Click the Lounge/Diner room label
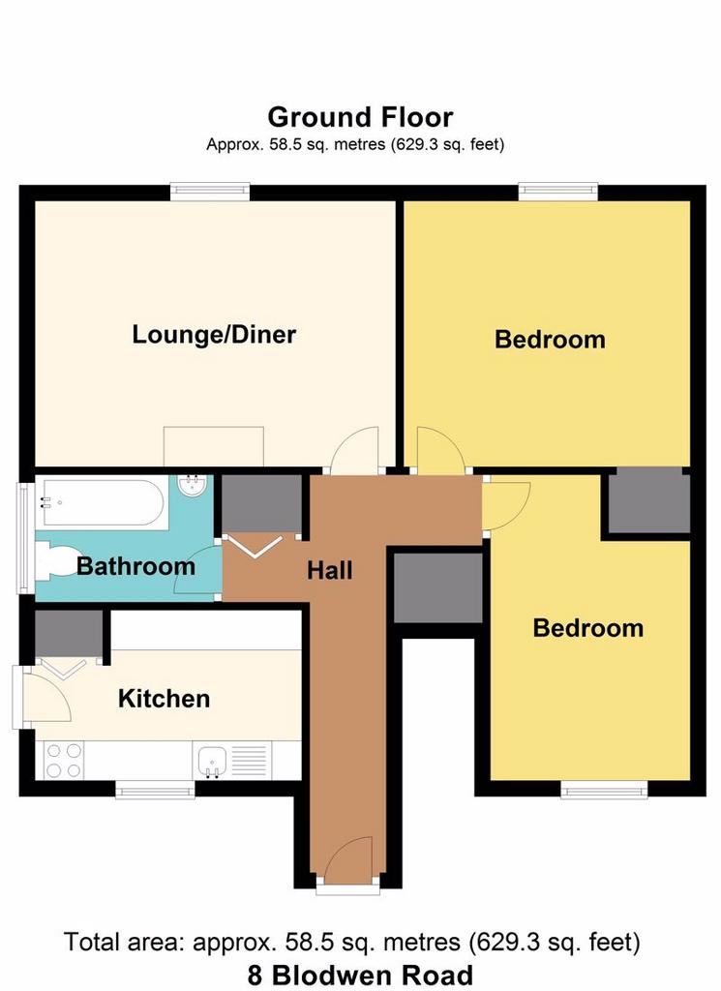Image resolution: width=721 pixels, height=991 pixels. [x=214, y=334]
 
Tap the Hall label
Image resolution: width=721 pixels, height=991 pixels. [x=330, y=571]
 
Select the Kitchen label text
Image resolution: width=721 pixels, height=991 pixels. [x=165, y=699]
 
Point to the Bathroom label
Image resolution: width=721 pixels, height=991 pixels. [x=135, y=565]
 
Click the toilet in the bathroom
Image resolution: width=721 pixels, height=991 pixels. [x=58, y=560]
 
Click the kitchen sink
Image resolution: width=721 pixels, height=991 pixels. [x=212, y=761]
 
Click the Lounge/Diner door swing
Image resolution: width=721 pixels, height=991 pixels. [x=354, y=450]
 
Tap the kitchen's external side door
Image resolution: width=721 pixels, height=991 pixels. [x=45, y=696]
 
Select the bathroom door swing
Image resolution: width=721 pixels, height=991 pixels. [x=196, y=570]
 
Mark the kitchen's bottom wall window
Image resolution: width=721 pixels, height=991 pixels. [x=155, y=789]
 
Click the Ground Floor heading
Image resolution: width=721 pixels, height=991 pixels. [x=360, y=117]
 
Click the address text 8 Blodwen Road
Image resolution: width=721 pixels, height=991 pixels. [x=360, y=976]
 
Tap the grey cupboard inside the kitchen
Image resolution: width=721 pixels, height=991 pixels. [x=69, y=633]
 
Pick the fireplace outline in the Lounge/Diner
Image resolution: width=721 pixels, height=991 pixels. [x=214, y=447]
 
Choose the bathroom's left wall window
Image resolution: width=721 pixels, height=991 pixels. [x=25, y=538]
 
